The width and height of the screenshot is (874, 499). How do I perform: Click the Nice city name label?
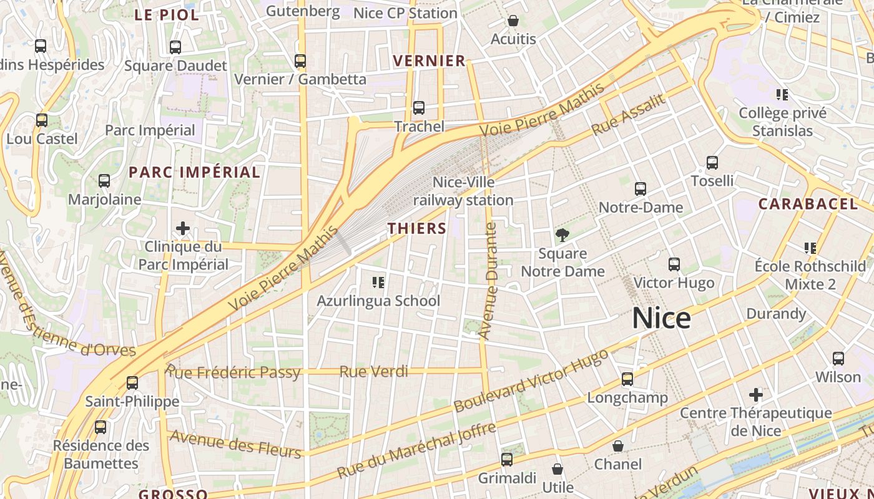pos(661,318)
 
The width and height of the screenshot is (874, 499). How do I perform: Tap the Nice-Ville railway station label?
pos(463,191)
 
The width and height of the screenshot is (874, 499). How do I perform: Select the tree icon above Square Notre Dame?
pos(562,235)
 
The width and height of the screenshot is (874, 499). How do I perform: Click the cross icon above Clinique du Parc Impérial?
pos(183,228)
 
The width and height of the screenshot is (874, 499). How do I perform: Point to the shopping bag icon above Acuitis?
pos(513,21)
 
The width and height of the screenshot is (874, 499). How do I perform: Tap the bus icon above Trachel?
pos(419,108)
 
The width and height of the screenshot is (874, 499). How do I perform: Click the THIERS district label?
pos(417,228)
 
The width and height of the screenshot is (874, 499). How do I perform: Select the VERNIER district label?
pos(430,61)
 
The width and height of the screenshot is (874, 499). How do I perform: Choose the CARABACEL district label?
pos(808,204)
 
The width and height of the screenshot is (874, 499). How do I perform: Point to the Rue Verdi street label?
pos(373,372)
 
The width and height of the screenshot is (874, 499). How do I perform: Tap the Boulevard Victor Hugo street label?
pos(531,380)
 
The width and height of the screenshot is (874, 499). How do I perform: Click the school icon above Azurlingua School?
pos(378,283)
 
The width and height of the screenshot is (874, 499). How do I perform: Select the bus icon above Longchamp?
pos(627,379)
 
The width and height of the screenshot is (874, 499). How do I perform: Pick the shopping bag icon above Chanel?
pos(617,446)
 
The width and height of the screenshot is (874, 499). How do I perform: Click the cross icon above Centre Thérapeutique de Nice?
pos(756,395)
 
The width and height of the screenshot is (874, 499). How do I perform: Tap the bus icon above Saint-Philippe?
pos(132,383)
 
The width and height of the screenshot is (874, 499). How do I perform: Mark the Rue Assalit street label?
pos(628,115)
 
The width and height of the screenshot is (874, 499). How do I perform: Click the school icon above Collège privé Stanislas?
pos(782,95)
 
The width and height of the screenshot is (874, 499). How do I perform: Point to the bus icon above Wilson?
pos(838,359)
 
